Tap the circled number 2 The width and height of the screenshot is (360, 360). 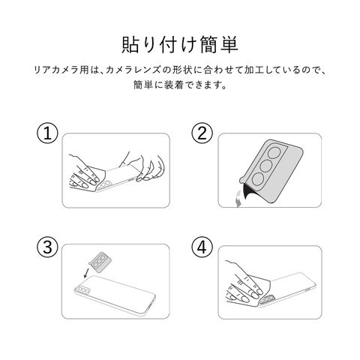coord(202,133)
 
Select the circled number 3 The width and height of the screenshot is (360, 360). coord(47,247)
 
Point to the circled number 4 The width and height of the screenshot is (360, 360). coord(202,247)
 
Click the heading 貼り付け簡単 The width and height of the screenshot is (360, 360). coord(180,45)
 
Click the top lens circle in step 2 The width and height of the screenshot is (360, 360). coord(274,153)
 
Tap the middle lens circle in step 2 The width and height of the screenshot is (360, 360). coord(266,166)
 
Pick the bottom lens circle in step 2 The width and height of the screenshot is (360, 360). coord(259,179)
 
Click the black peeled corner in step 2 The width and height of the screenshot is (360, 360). coord(251,193)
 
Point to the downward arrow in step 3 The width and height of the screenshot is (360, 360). coord(86,273)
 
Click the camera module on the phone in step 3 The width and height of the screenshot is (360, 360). coord(82,290)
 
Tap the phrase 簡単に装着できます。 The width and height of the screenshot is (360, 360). coord(180,85)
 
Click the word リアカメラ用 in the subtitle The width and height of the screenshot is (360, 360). coord(61,70)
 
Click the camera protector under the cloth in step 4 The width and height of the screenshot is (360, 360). coord(268,298)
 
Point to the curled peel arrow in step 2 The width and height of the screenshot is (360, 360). coord(238,198)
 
